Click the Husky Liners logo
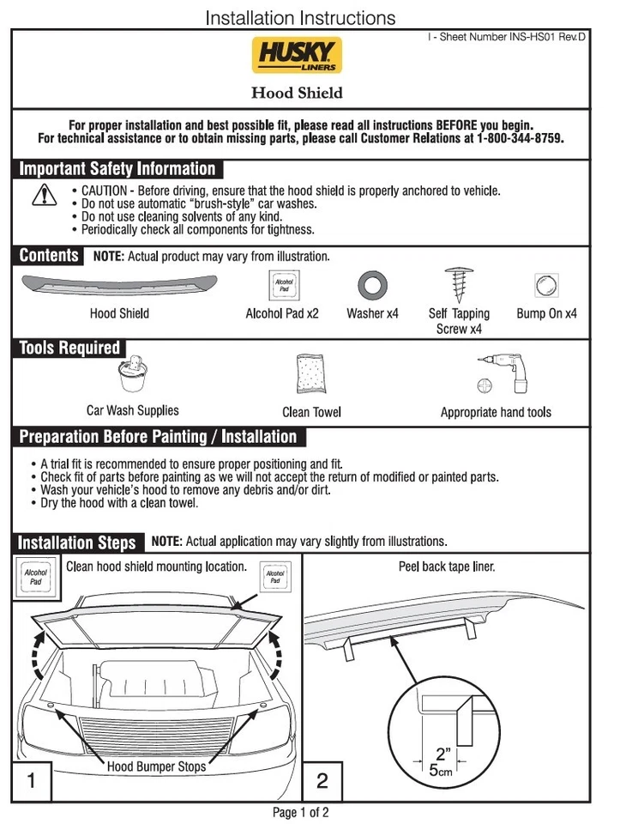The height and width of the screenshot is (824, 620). [297, 55]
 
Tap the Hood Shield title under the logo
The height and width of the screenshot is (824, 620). [297, 93]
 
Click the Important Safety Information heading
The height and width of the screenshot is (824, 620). [117, 169]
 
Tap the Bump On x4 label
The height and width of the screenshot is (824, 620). [546, 313]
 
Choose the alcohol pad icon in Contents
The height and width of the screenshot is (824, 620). [283, 284]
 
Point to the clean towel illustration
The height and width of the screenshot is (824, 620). [311, 374]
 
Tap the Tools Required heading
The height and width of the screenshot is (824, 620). [69, 348]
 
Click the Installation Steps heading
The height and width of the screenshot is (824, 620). [77, 542]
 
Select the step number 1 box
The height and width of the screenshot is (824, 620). [32, 781]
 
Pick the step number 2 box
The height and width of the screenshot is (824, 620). [322, 781]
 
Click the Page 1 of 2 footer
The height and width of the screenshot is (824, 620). [300, 812]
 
